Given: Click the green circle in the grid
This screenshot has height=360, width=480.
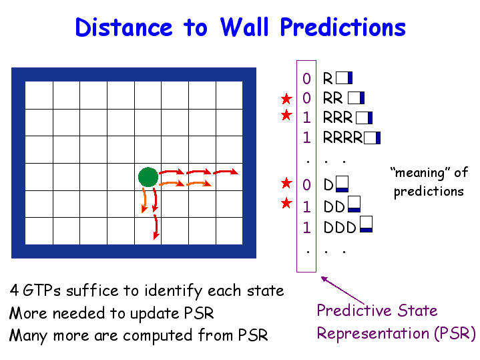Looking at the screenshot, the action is pyautogui.click(x=148, y=177).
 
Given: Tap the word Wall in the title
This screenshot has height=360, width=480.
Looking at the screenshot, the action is pyautogui.click(x=244, y=27).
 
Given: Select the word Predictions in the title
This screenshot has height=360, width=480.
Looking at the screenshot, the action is pyautogui.click(x=343, y=27).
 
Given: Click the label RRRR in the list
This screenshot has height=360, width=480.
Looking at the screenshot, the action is pyautogui.click(x=343, y=138).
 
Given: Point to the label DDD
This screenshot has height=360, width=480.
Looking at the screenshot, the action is pyautogui.click(x=340, y=227).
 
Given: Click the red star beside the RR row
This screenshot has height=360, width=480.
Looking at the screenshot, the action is pyautogui.click(x=286, y=99).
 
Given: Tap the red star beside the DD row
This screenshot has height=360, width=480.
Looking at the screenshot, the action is pyautogui.click(x=286, y=203).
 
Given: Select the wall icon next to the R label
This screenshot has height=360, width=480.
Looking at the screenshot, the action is pyautogui.click(x=344, y=78).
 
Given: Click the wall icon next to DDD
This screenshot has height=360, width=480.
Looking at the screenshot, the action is pyautogui.click(x=366, y=224).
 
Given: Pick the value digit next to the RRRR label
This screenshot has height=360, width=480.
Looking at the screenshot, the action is pyautogui.click(x=306, y=138).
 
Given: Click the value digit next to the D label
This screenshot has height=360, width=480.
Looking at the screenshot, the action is pyautogui.click(x=306, y=185).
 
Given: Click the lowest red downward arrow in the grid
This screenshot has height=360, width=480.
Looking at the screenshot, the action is pyautogui.click(x=156, y=226).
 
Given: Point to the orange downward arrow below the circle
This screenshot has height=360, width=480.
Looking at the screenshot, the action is pyautogui.click(x=144, y=200).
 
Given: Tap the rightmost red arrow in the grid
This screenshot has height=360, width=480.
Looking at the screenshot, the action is pyautogui.click(x=226, y=172).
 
